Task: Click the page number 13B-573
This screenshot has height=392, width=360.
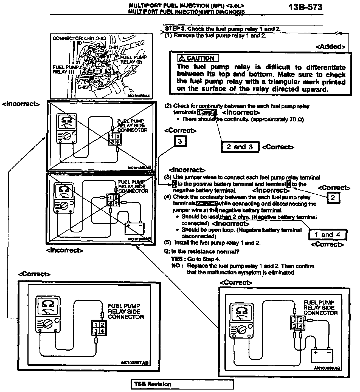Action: pyautogui.click(x=306, y=7)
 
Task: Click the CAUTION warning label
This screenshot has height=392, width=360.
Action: pyautogui.click(x=198, y=58)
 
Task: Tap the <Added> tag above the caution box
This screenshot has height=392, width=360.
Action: pyautogui.click(x=330, y=47)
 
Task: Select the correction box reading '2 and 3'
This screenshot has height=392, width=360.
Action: pyautogui.click(x=240, y=147)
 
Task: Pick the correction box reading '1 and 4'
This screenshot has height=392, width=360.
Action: pyautogui.click(x=327, y=235)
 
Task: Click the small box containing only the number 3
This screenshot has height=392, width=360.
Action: pyautogui.click(x=180, y=141)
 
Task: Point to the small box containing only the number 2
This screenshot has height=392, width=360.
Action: pyautogui.click(x=333, y=198)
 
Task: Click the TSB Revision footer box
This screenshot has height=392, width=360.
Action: pyautogui.click(x=182, y=384)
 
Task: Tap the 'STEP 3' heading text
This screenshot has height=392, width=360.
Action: pyautogui.click(x=223, y=29)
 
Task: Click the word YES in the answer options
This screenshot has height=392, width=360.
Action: pyautogui.click(x=177, y=259)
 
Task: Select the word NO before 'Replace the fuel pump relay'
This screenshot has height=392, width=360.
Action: pyautogui.click(x=176, y=266)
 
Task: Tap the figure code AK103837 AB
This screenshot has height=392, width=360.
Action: pyautogui.click(x=135, y=363)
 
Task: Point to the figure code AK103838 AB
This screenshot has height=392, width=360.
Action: pyautogui.click(x=327, y=368)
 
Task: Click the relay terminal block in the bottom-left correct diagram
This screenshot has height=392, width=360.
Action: pyautogui.click(x=99, y=328)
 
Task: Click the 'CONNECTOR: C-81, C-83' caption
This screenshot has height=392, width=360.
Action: pyautogui.click(x=79, y=38)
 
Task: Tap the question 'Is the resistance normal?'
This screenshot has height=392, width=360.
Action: pyautogui.click(x=201, y=251)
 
